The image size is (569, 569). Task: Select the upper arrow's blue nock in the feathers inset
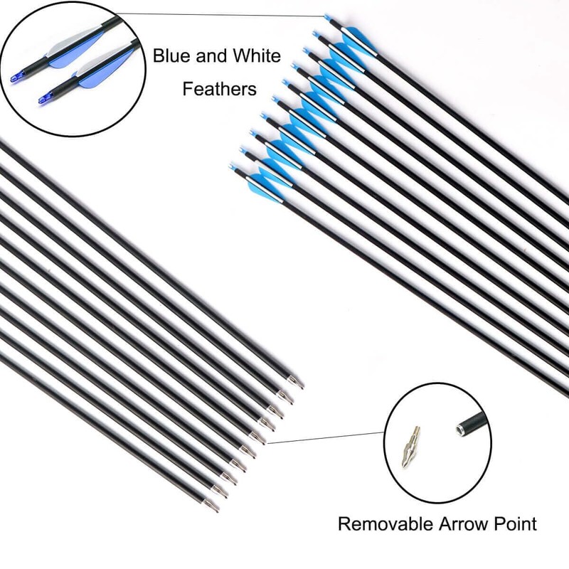tap(15, 75)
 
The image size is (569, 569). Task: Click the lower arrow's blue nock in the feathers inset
tap(44, 97)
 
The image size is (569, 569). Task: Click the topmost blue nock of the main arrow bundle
tap(327, 16)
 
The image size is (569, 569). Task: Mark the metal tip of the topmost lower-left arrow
tap(298, 385)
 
